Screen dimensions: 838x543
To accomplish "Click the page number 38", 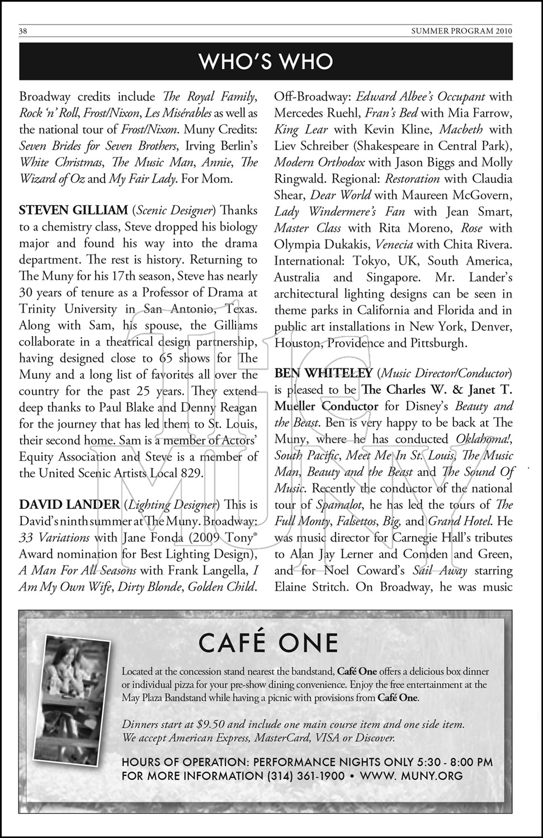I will point(23,31).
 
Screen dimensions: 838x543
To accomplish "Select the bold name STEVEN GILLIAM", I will point(73,211).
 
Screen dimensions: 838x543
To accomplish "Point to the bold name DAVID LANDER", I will point(69,505).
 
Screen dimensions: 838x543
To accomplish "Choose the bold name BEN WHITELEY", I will point(323,373).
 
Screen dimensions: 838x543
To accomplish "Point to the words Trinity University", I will point(68,309).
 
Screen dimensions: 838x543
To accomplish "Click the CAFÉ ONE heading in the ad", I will point(268,643).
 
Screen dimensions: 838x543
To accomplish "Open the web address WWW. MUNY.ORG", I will point(411,776).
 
